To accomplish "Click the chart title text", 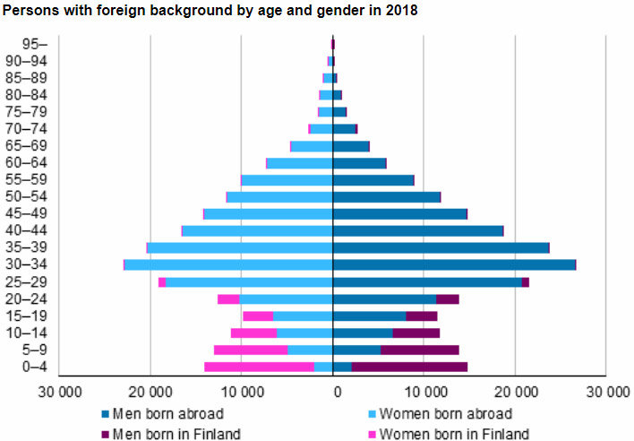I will click(x=210, y=11).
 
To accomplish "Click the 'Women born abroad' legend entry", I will click(x=445, y=413).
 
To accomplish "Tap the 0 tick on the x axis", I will click(x=334, y=391).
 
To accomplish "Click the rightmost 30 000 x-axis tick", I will click(x=607, y=391).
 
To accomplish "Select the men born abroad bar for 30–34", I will click(x=453, y=264).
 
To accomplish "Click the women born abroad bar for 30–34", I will click(x=228, y=264).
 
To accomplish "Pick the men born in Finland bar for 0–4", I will click(x=409, y=367).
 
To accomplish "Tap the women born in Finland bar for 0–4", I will click(x=259, y=367).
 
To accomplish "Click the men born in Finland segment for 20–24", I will click(x=447, y=298).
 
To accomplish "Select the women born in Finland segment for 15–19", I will click(x=258, y=316).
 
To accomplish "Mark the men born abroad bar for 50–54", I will click(x=386, y=196).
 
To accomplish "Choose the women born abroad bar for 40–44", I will click(x=257, y=230).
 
